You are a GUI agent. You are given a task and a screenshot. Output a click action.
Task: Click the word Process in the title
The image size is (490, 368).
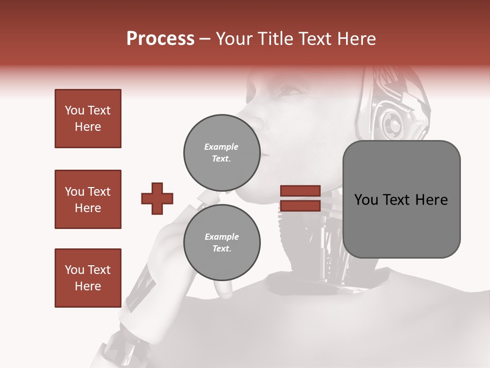[x=160, y=38]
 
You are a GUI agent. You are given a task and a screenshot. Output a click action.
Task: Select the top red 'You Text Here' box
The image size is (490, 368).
[x=88, y=119]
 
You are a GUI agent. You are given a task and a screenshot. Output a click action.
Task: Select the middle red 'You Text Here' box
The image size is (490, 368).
[x=88, y=199]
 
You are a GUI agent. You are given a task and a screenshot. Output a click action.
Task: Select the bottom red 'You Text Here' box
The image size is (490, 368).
[x=88, y=278]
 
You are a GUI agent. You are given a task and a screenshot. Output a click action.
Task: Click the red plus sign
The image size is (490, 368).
[x=157, y=198]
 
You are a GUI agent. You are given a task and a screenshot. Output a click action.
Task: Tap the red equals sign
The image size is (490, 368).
[x=300, y=198]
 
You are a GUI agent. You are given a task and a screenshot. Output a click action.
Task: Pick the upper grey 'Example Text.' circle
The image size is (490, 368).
[x=222, y=152]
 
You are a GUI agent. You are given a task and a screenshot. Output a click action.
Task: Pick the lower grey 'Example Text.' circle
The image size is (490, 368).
[x=222, y=242]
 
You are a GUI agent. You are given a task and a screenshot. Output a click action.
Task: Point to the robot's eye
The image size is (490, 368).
[x=290, y=91]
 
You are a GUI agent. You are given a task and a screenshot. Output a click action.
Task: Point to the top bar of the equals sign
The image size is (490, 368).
[x=300, y=191]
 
